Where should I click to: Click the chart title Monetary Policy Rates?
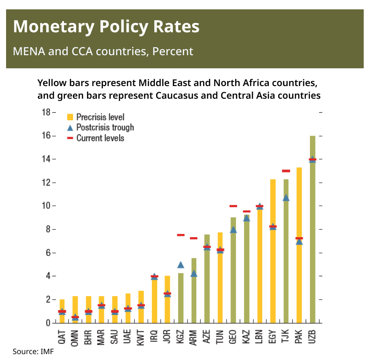click(x=106, y=27)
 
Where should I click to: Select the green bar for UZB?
click(x=312, y=234)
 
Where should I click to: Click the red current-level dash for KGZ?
click(x=180, y=235)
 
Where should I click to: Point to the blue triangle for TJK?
click(x=286, y=198)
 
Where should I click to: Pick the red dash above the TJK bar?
click(x=286, y=171)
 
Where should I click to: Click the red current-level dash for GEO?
click(x=233, y=206)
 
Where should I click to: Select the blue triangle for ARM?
click(x=194, y=274)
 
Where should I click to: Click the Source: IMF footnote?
click(x=33, y=351)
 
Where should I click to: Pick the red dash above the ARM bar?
click(x=194, y=238)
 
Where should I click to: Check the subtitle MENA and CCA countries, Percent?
click(x=103, y=51)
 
